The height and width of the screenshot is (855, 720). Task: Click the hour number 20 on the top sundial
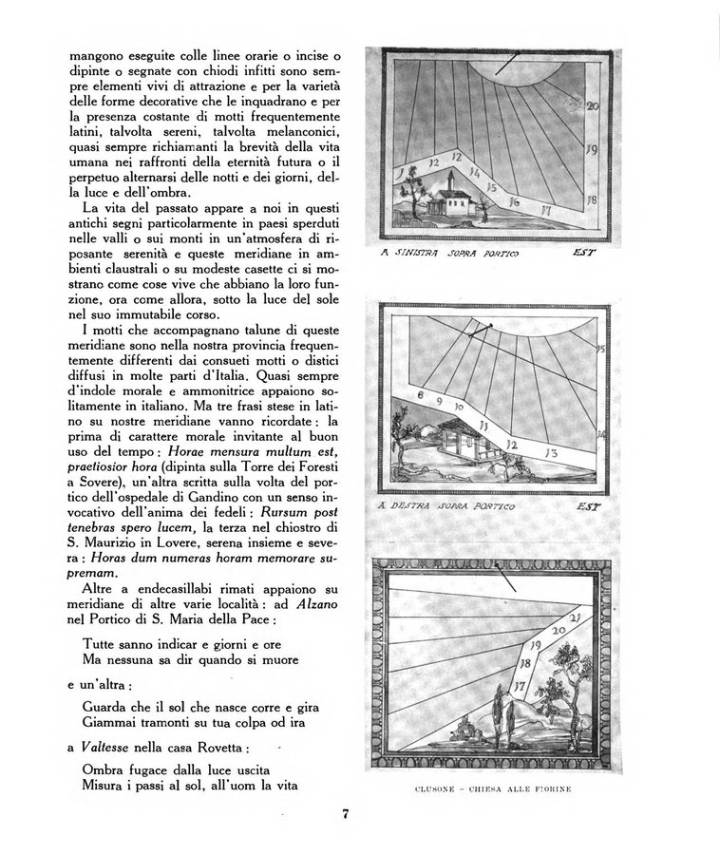592,107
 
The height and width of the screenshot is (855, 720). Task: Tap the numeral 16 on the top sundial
514,201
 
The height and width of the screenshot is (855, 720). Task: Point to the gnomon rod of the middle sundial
481,330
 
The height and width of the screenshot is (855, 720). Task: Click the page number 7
349,812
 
